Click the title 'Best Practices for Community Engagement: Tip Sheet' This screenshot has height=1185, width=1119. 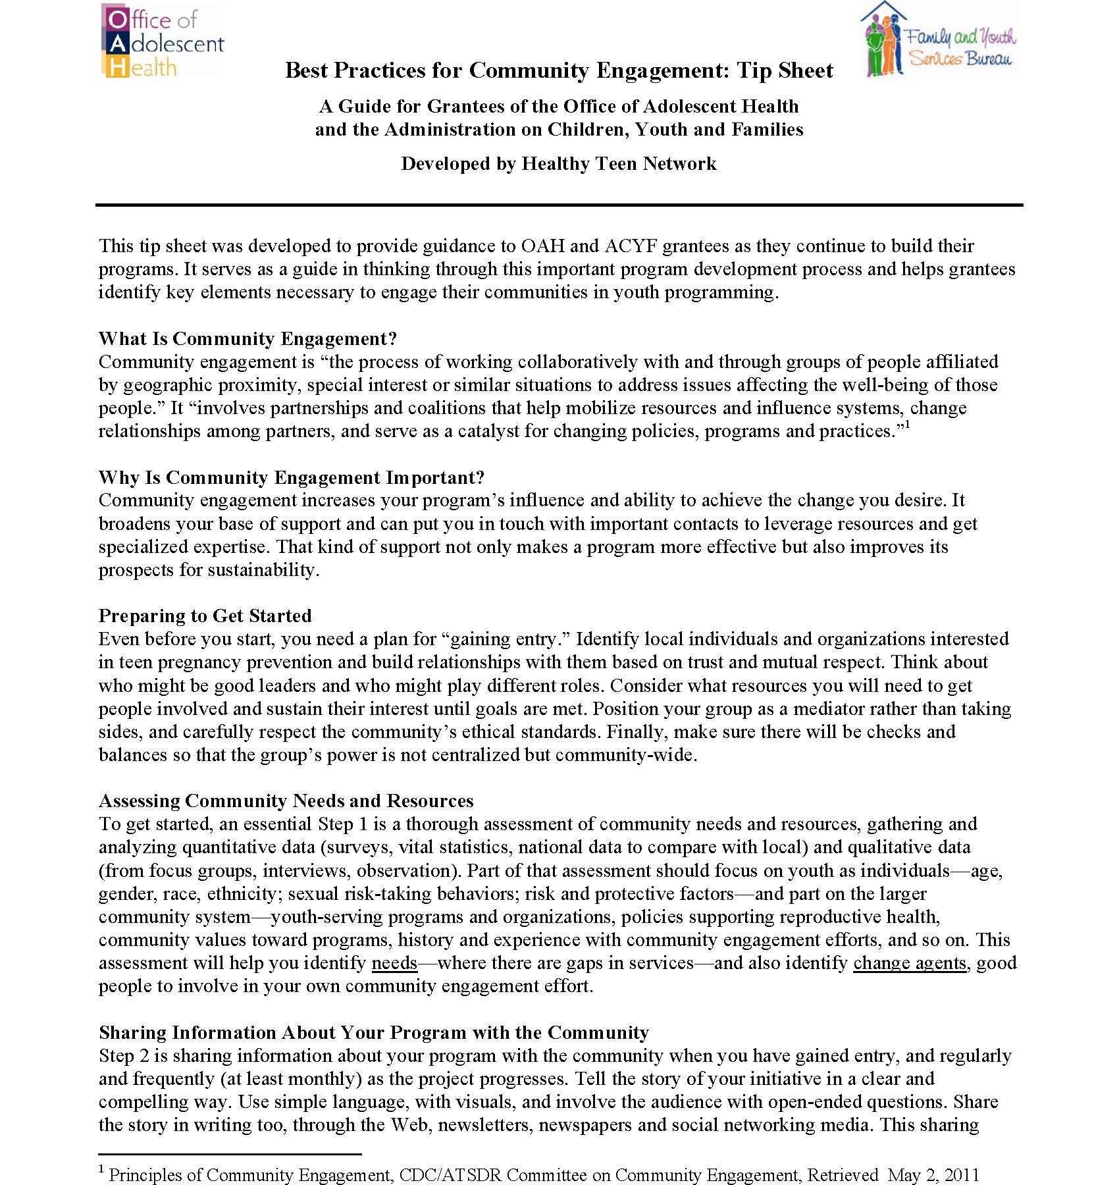559,70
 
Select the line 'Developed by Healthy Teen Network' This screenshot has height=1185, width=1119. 559,163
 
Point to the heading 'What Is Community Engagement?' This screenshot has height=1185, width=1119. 247,338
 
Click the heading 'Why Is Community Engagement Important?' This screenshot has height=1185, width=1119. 292,477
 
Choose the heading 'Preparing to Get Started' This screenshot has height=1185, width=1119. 205,616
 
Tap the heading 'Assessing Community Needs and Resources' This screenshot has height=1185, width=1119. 286,801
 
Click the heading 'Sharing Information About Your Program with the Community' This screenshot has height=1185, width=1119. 373,1032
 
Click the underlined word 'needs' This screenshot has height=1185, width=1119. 394,962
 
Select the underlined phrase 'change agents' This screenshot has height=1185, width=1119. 909,962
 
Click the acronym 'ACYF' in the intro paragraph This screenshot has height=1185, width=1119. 629,246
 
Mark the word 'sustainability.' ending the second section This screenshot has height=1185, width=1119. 263,569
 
